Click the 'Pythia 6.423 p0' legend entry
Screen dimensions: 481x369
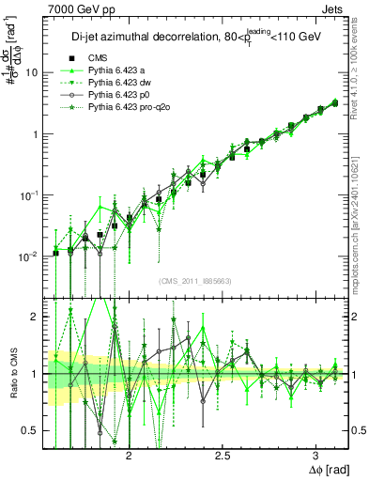click(118, 95)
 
